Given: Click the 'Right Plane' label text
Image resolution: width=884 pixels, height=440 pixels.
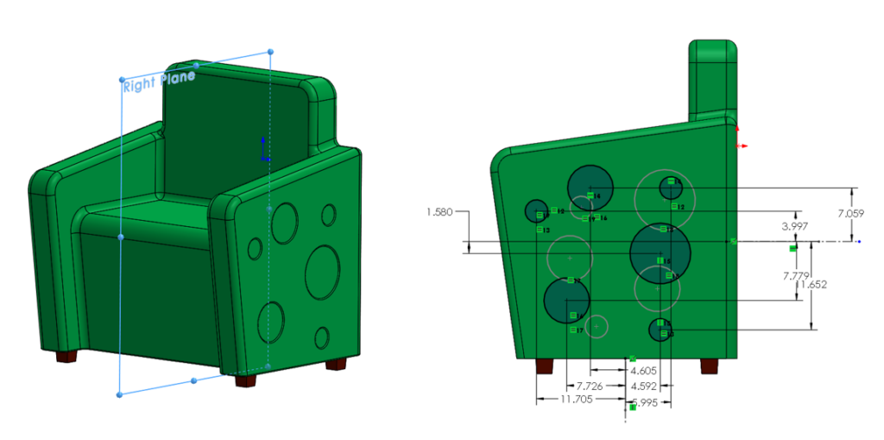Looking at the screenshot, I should [159, 83].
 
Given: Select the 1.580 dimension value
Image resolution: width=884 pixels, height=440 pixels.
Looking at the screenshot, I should [441, 211].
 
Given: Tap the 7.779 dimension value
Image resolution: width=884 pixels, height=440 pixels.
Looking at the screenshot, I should [795, 275].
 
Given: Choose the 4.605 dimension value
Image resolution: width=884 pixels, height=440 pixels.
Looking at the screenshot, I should [641, 370].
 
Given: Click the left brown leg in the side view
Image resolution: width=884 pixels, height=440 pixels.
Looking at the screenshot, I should [545, 365].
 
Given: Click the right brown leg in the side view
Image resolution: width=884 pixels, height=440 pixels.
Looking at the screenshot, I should [709, 365].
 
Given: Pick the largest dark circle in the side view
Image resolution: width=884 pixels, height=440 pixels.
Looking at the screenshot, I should [660, 255].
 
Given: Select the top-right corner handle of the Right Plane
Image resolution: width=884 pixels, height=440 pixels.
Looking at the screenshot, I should [271, 53].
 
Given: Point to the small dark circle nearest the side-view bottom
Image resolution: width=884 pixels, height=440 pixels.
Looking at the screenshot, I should [660, 330].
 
